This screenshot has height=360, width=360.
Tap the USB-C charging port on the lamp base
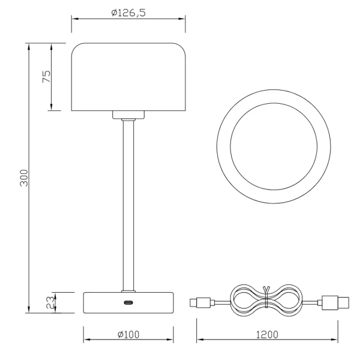tap(128, 303)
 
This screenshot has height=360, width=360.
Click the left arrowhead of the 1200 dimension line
tap(200, 340)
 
